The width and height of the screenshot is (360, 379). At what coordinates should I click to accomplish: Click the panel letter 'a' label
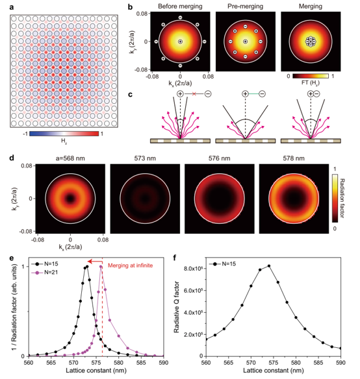[x=12, y=7]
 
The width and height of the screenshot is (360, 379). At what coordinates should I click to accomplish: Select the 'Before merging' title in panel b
[x=180, y=6]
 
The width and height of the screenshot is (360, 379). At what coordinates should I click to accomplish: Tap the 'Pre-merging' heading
[x=245, y=6]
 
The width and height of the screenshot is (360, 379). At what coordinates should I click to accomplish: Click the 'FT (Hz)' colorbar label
[x=311, y=83]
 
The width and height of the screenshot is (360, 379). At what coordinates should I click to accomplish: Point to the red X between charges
[x=194, y=94]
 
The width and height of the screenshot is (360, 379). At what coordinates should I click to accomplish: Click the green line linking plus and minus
[x=253, y=94]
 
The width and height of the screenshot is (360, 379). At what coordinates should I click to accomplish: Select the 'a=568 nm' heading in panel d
[x=70, y=158]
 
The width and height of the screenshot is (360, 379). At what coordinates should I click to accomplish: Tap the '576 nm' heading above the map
[x=220, y=158]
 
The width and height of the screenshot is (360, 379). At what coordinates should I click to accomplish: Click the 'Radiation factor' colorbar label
[x=342, y=198]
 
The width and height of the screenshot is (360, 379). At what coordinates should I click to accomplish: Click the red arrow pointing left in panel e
[x=95, y=262]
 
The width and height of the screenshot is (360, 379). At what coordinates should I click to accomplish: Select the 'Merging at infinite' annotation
[x=130, y=265]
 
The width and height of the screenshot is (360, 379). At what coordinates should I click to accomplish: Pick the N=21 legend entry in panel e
[x=45, y=273]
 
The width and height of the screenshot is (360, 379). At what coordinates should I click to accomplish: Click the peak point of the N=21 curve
[x=101, y=267]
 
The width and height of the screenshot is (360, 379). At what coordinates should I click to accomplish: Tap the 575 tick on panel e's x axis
[x=96, y=363]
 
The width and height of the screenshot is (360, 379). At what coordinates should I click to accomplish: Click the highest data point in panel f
[x=269, y=266]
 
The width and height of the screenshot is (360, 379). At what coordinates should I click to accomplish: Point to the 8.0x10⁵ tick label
[x=193, y=269]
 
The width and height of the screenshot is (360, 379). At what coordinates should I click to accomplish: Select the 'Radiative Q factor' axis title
[x=177, y=307]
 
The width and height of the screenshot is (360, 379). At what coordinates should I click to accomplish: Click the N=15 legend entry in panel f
[x=222, y=263]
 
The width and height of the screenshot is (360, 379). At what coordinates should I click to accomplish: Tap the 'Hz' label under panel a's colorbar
[x=64, y=141]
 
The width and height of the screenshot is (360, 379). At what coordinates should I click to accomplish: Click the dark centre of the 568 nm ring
[x=70, y=199]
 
